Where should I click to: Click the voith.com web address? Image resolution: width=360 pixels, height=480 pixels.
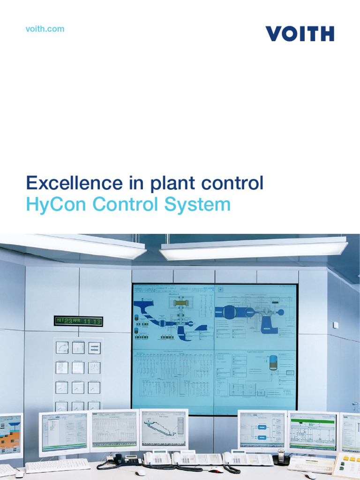point(45,29)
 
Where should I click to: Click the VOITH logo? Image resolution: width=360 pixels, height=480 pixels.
point(300,34)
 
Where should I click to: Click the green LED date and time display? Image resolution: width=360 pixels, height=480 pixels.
point(78,321)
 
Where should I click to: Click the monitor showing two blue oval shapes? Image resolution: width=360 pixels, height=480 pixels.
point(262,430)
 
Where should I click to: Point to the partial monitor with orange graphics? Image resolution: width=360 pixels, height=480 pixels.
point(10,435)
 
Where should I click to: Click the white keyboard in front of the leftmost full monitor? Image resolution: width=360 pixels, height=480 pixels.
point(57,465)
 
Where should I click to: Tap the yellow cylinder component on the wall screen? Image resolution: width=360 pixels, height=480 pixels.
point(180,303)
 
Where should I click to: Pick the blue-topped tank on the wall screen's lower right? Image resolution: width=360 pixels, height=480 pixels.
point(273,362)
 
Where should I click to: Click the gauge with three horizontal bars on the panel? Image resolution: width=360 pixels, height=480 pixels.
point(94,347)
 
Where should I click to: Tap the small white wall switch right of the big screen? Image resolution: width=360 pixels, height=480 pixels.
point(336,325)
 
